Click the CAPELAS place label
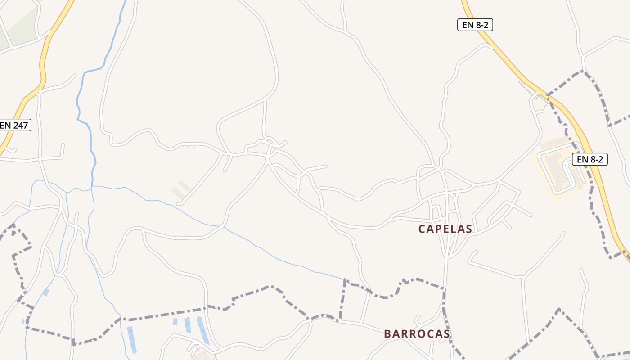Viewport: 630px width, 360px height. [x=445, y=229]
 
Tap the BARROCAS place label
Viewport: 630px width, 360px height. [x=417, y=334]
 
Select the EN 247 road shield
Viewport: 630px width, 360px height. [x=14, y=125]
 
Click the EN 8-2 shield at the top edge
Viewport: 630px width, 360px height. [x=475, y=25]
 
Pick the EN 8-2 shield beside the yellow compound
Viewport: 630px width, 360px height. [x=590, y=159]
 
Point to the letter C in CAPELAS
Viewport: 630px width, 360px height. [x=422, y=229]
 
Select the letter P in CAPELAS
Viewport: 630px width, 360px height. [x=436, y=229]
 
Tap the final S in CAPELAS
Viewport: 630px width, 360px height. [x=469, y=229]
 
